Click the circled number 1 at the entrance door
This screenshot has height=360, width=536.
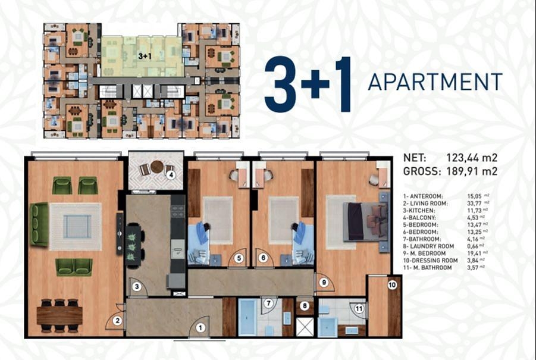[200, 328]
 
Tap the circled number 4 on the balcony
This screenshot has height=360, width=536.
[171, 176]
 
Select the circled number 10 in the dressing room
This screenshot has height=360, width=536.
[392, 284]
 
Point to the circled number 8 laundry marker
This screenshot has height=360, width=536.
[304, 306]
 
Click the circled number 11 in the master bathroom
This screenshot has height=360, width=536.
[359, 309]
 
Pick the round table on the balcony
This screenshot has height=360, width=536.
[157, 167]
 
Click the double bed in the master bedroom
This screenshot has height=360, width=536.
[367, 221]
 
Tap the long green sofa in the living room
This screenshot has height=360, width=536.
[39, 224]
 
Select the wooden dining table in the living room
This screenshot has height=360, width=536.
[59, 315]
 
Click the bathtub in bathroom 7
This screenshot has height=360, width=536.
[247, 318]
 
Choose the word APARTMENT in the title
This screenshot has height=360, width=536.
[435, 82]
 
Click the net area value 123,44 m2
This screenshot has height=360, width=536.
[472, 158]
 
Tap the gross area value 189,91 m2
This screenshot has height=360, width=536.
[472, 171]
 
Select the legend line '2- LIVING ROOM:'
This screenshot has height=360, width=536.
[425, 204]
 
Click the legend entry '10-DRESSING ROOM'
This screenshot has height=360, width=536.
[430, 261]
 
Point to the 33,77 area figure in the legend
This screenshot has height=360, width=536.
[474, 204]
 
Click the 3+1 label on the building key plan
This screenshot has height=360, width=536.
[145, 57]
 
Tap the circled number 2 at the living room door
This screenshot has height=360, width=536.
[118, 321]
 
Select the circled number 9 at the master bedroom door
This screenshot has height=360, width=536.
[324, 283]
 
